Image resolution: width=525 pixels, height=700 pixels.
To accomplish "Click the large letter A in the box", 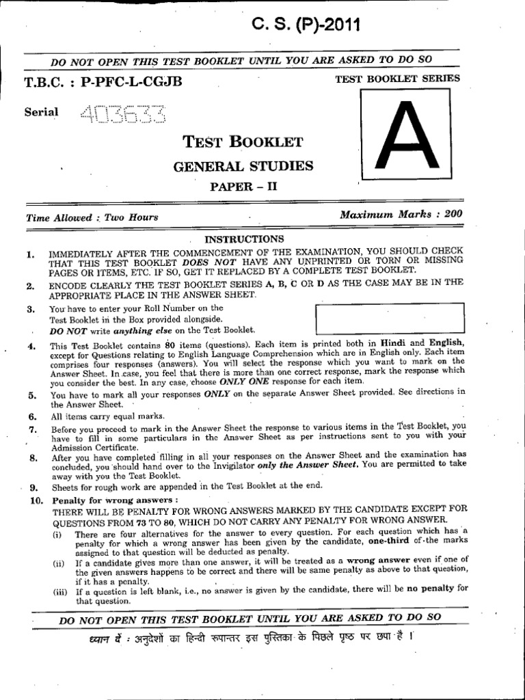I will pos(407,137).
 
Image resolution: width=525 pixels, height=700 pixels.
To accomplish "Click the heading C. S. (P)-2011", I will pos(306,25).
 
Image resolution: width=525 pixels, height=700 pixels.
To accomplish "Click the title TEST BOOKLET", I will pos(243,142).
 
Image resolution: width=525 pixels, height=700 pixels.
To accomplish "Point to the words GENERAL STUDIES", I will pos(243,165).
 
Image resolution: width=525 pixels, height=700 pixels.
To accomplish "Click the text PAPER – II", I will pos(243,186).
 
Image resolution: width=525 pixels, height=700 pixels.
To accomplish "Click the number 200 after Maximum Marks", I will pos(453,214).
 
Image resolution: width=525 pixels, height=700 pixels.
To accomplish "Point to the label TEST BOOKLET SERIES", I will pos(398,79).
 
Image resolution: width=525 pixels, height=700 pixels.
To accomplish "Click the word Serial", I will pos(42,112).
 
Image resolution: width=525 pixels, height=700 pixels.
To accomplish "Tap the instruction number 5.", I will pos(31,395).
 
